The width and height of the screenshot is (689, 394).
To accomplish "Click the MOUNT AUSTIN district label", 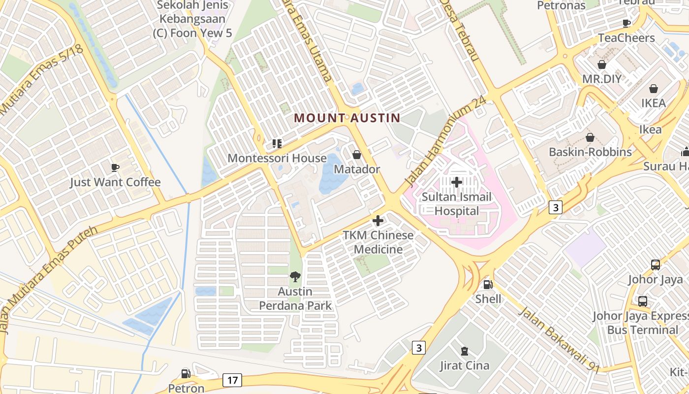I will tap(347, 118).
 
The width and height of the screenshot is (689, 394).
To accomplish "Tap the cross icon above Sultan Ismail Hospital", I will tap(457, 182).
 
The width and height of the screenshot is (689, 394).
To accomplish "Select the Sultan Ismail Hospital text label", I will tap(457, 204).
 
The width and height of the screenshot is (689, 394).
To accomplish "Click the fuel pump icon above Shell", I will tap(488, 285).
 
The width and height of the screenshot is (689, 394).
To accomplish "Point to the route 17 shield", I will tap(232, 380).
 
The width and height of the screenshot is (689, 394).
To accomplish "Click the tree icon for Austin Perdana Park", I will tap(295, 277).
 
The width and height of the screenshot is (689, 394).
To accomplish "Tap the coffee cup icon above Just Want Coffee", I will tap(115, 168).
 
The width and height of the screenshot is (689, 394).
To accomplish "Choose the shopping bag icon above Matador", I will tap(357, 155).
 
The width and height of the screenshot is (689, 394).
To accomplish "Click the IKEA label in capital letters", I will tap(654, 103).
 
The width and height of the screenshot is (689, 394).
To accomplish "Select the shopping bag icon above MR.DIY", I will tap(601, 65).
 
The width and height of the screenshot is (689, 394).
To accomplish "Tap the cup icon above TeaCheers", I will tap(626, 23).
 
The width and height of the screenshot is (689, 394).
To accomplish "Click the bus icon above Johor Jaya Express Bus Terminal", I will tap(643, 301).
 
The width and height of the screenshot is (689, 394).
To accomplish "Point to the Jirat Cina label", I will tap(464, 365).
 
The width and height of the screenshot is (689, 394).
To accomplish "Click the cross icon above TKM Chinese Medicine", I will tap(378, 221).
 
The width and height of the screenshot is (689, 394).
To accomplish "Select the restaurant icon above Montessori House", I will tap(277, 144).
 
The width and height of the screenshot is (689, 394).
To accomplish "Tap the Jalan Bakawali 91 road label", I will tap(560, 340).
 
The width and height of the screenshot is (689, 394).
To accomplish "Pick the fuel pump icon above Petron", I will tap(186, 374).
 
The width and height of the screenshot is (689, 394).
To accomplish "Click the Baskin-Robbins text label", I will tap(590, 152).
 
